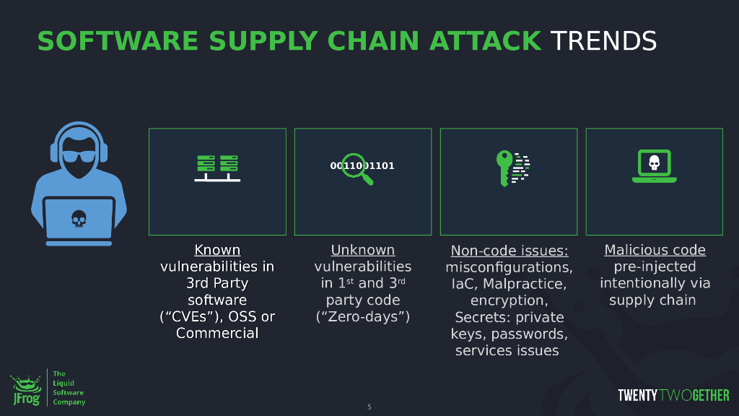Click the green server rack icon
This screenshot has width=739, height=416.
point(217,168)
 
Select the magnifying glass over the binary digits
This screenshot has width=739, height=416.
point(357,168)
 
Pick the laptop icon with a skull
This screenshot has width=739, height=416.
point(654,166)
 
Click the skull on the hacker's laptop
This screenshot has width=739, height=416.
point(79,217)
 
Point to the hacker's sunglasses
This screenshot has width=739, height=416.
point(79,157)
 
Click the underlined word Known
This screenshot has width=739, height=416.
point(217,250)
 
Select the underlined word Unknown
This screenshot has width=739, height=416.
point(363,250)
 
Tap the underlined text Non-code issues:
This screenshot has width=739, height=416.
point(510,251)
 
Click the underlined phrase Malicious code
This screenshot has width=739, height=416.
point(655,250)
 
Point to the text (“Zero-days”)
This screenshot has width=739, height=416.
point(363,316)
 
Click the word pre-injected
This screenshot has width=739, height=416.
point(655,266)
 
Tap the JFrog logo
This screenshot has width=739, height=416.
point(25,389)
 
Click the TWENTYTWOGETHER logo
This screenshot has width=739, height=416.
point(673,395)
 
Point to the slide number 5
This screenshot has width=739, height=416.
point(369,407)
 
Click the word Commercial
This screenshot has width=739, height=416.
point(217,333)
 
